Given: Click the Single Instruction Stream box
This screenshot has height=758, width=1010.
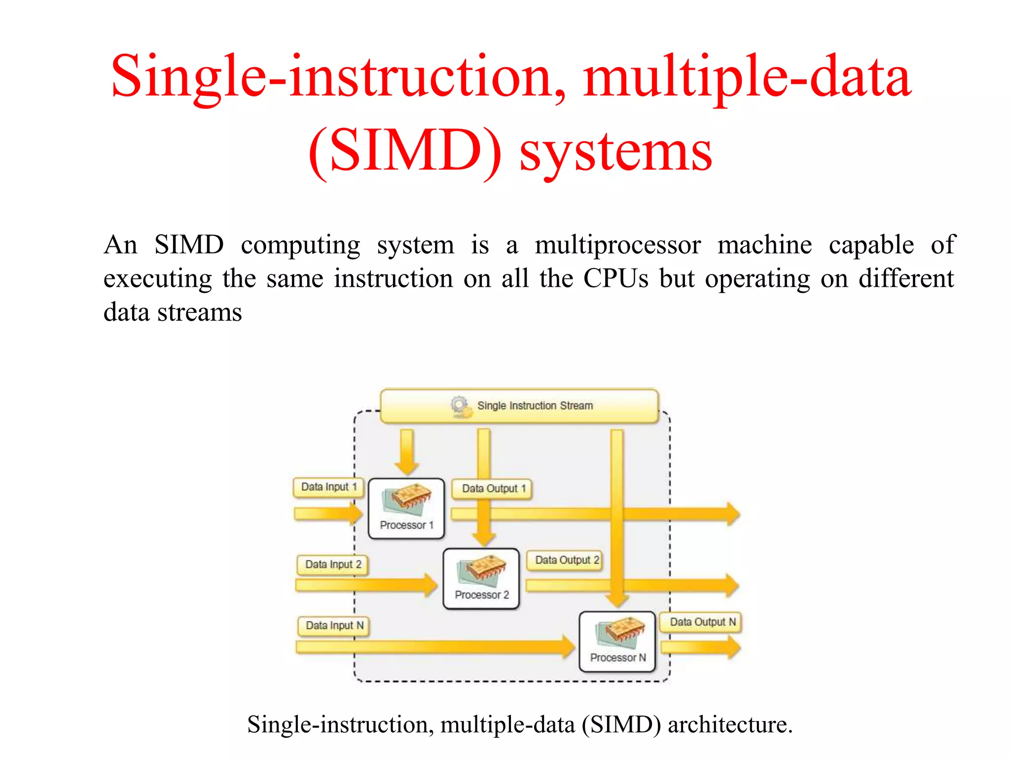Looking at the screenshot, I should (x=519, y=406).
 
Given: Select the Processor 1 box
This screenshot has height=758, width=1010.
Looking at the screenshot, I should (x=406, y=508).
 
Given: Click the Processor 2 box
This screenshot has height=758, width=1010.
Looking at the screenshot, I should (x=481, y=579).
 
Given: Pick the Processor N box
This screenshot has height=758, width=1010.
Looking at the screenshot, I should (x=617, y=642).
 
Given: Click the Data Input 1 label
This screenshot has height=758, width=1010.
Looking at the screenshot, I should (x=328, y=487).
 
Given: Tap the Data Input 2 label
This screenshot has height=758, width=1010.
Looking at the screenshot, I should (x=333, y=565).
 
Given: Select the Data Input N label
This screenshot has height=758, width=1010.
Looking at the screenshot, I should (x=334, y=626).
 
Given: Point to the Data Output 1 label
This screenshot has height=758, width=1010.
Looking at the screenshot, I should (x=493, y=489).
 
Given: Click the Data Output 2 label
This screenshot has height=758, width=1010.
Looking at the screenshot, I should (x=565, y=560).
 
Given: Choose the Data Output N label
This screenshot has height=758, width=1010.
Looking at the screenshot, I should (x=702, y=622).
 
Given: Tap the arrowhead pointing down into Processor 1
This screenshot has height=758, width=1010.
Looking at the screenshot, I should (x=407, y=466).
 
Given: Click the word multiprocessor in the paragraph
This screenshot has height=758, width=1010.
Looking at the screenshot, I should (x=617, y=245).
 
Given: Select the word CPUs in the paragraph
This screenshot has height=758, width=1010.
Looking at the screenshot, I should (x=615, y=279).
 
